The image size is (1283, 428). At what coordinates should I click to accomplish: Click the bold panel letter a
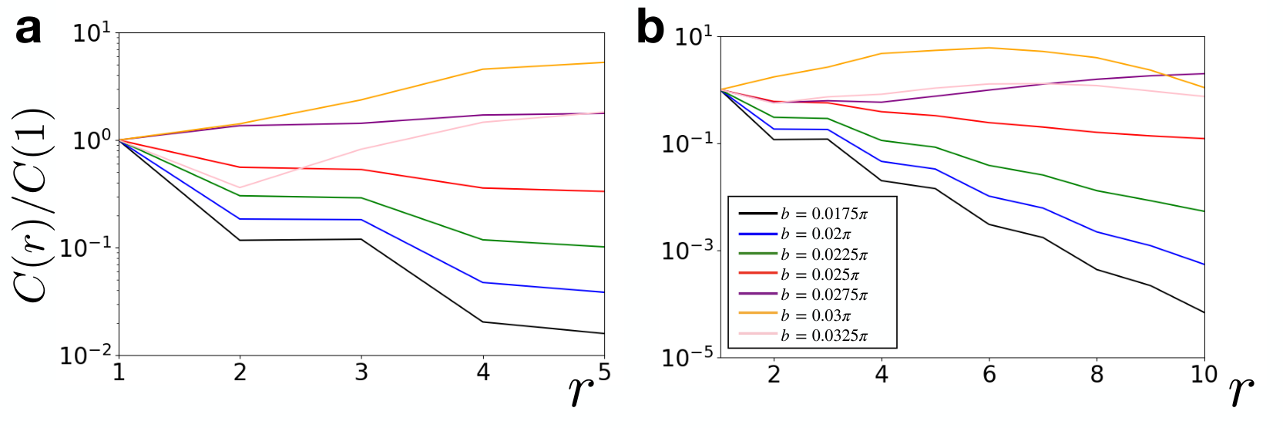28,30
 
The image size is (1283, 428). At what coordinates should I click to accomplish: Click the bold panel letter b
650,28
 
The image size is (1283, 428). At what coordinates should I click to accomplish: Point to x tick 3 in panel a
361,372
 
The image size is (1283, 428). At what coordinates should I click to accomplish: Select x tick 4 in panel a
483,372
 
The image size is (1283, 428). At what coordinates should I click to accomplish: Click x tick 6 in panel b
989,375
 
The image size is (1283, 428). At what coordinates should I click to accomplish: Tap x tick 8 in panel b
1097,375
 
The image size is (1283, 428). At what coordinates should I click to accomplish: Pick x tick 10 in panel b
1204,375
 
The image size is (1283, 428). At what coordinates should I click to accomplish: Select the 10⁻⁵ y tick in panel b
688,356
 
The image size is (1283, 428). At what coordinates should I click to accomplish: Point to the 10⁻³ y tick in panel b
688,249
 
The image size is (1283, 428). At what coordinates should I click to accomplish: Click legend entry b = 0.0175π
803,214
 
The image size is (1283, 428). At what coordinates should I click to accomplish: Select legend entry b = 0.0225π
803,254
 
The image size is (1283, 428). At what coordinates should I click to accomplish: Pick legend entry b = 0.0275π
803,295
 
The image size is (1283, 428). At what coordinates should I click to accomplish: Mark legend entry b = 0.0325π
803,335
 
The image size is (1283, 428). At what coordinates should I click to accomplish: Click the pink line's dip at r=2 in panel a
240,187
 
